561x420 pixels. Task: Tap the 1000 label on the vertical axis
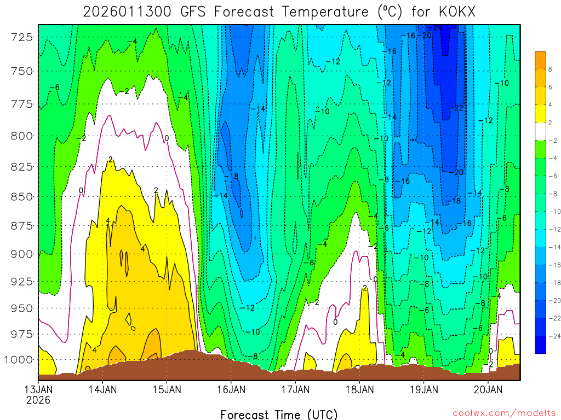click(20, 359)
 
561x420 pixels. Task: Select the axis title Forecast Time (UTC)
click(279, 414)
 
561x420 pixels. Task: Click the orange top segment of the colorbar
click(541, 60)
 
